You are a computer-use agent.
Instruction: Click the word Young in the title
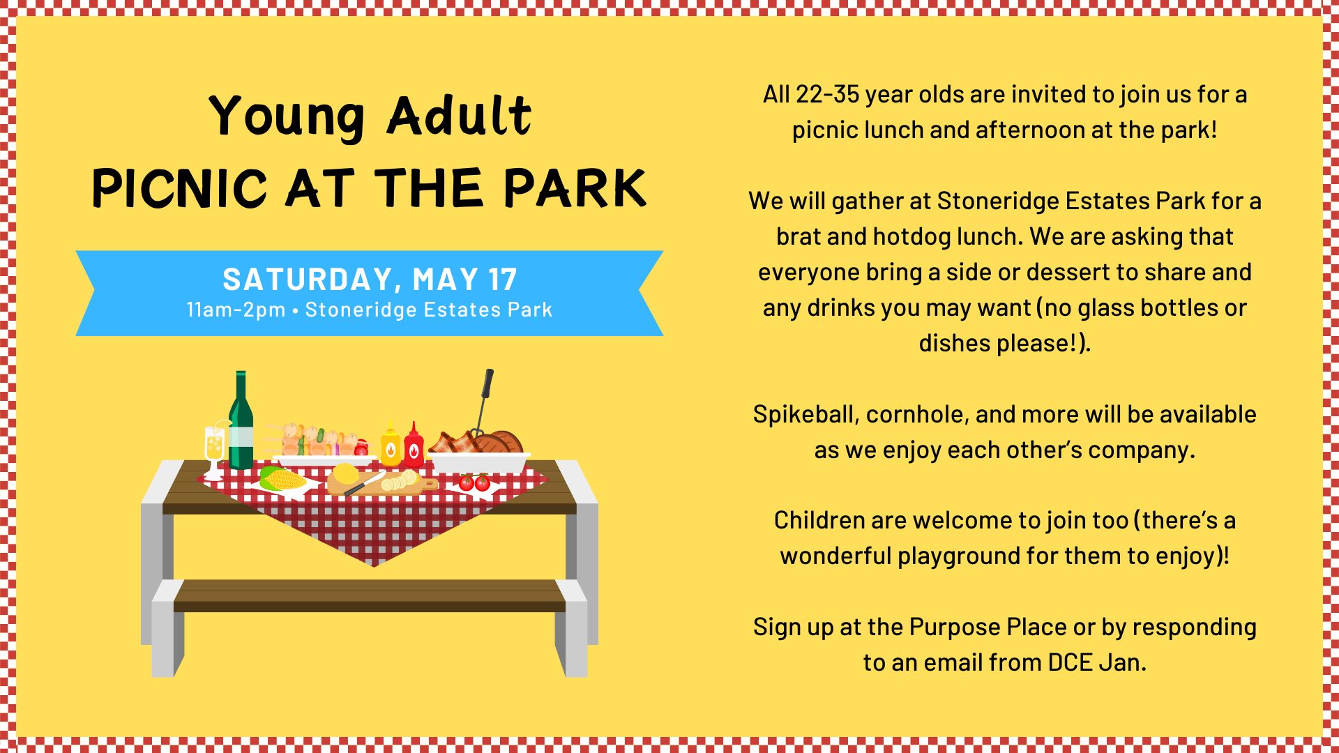pyautogui.click(x=287, y=117)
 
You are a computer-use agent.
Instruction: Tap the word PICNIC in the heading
pyautogui.click(x=180, y=188)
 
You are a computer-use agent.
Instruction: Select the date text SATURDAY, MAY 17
pyautogui.click(x=370, y=280)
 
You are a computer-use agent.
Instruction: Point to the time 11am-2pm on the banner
pyautogui.click(x=236, y=310)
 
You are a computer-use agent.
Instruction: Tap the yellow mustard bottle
pyautogui.click(x=391, y=444)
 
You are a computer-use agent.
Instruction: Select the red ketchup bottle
pyautogui.click(x=414, y=445)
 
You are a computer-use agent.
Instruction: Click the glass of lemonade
pyautogui.click(x=215, y=450)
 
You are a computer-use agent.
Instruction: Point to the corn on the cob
pyautogui.click(x=282, y=479)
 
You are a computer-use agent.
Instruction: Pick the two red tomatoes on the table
pyautogui.click(x=474, y=482)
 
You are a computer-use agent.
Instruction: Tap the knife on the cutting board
pyautogui.click(x=365, y=483)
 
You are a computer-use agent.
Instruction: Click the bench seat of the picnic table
pyautogui.click(x=370, y=595)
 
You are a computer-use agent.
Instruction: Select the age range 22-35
pyautogui.click(x=827, y=94)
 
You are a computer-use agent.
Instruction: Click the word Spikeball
pyautogui.click(x=805, y=415)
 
